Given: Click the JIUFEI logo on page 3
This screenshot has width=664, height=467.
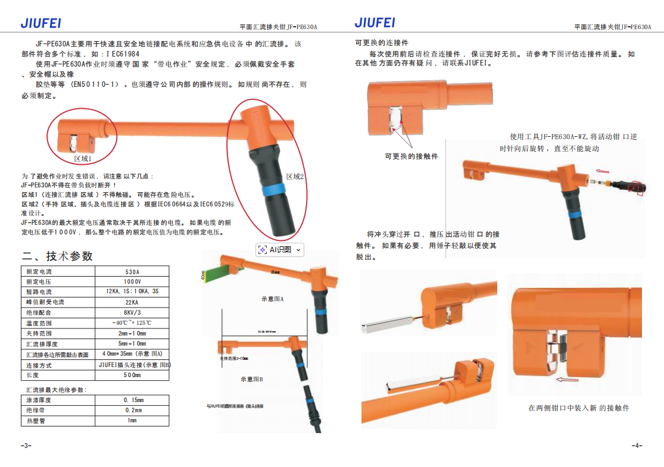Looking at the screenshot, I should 40,23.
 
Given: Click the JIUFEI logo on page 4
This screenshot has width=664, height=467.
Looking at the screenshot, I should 375,23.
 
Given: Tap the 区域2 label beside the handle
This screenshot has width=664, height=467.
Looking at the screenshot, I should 295,177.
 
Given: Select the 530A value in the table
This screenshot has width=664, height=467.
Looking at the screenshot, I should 132,271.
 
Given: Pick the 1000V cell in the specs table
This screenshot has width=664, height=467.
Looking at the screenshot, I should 132,281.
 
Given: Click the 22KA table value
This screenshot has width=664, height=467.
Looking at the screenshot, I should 132,302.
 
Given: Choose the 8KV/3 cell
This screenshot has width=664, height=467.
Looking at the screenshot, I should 132,312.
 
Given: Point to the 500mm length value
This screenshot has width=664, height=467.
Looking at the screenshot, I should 132,375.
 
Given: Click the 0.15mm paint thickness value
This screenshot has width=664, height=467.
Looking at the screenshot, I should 132,400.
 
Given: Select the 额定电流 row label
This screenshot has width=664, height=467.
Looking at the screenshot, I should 39,271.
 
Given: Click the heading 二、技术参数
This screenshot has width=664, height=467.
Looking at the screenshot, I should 57,256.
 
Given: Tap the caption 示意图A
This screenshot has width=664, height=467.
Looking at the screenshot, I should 273,299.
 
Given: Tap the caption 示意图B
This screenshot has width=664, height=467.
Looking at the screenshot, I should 252,379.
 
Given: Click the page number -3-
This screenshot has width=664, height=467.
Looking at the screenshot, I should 26,446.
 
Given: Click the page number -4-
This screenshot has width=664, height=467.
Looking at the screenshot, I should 637,446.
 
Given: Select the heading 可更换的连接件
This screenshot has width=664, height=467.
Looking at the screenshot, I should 382,43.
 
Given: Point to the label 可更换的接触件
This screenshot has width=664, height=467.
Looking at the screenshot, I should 411,156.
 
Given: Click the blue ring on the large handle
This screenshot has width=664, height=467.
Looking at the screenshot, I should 272,192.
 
